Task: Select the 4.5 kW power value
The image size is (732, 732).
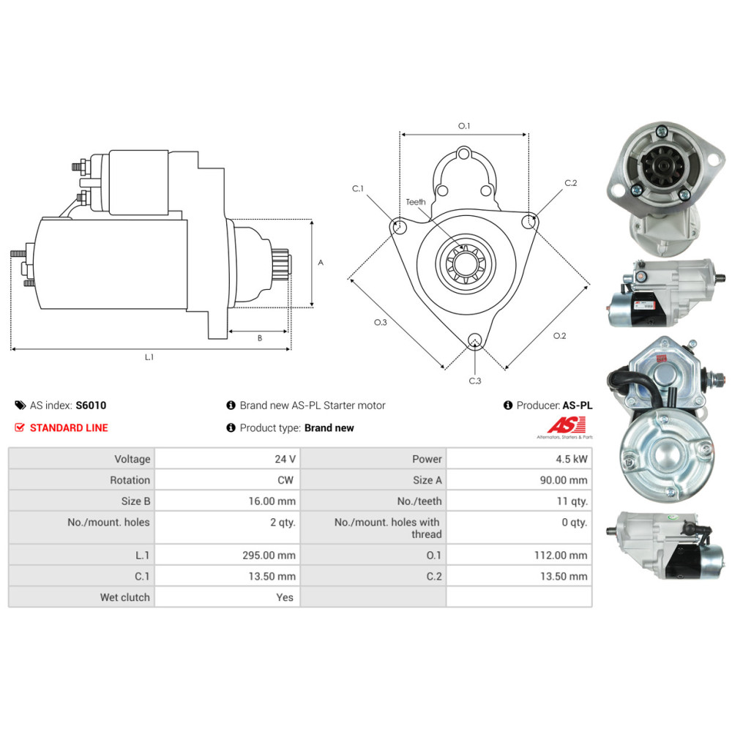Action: click(x=572, y=459)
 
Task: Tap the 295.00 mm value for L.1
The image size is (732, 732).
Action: click(x=269, y=555)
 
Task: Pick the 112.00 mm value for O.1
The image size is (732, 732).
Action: click(x=561, y=555)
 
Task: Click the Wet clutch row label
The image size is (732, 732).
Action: click(x=124, y=597)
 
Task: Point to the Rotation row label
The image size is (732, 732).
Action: click(x=130, y=480)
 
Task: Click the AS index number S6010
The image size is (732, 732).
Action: click(x=91, y=406)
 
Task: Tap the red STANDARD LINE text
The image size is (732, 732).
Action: click(x=69, y=427)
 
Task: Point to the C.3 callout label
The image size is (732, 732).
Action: click(x=475, y=381)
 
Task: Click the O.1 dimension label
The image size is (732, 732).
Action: click(x=464, y=126)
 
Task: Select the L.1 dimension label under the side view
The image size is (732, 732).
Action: click(x=149, y=357)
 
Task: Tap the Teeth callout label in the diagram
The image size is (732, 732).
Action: click(x=416, y=202)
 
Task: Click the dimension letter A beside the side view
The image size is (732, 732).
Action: click(x=321, y=263)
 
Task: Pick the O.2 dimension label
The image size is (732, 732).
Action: click(x=559, y=336)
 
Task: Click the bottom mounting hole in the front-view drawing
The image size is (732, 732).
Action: click(x=475, y=340)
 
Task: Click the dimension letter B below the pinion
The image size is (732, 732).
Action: click(x=260, y=338)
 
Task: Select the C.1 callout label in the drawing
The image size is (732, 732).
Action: click(x=358, y=189)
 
